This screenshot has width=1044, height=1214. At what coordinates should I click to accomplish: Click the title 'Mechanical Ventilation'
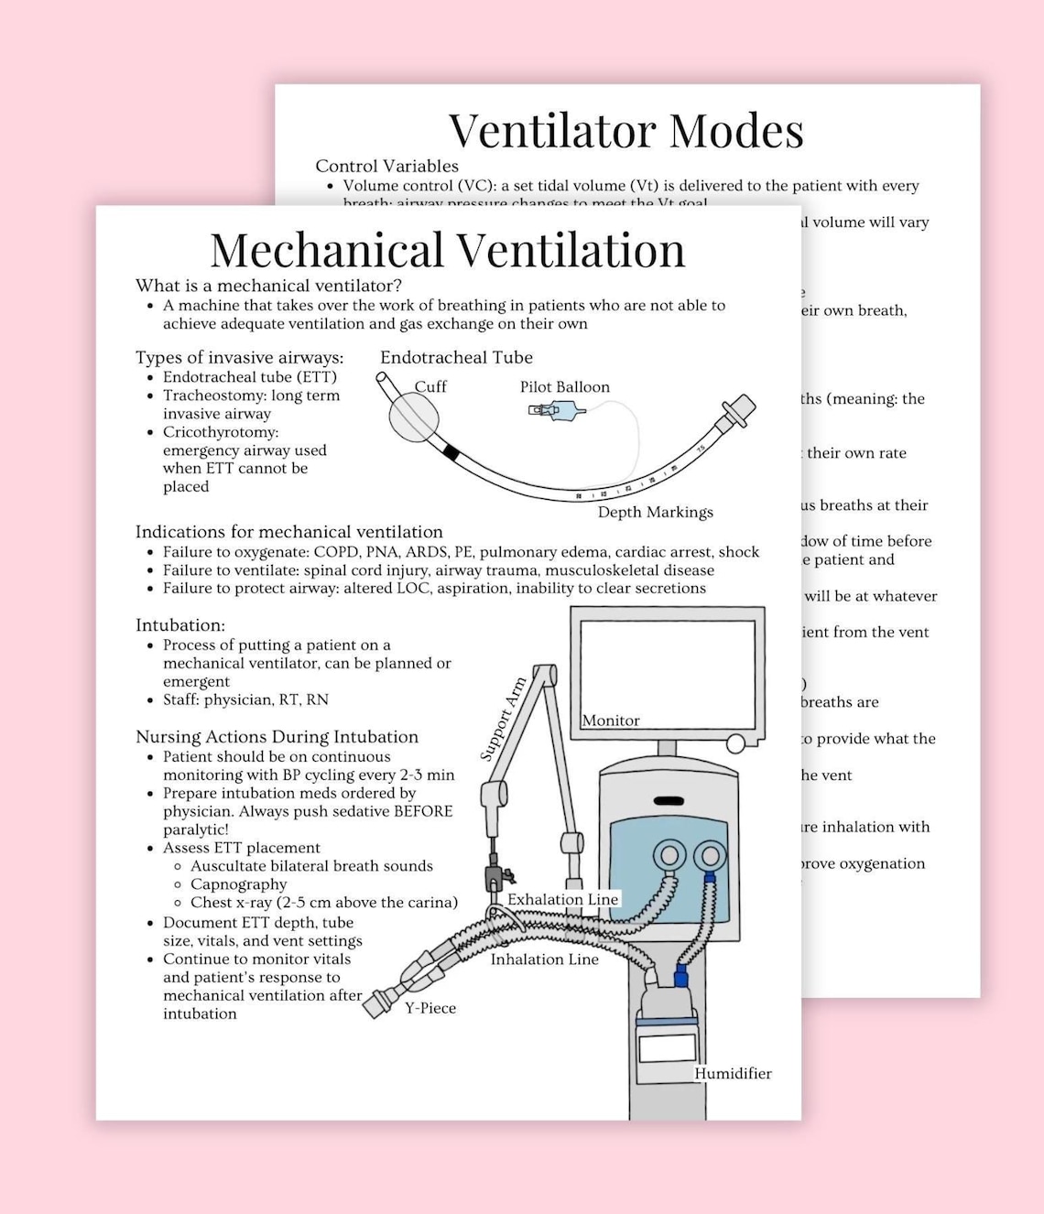pyautogui.click(x=448, y=250)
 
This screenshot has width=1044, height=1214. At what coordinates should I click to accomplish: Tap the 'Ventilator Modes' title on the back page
pyautogui.click(x=626, y=130)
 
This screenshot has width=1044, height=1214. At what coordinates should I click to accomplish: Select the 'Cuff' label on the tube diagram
pyautogui.click(x=430, y=386)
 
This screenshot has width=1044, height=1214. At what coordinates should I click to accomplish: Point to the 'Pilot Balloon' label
pyautogui.click(x=564, y=387)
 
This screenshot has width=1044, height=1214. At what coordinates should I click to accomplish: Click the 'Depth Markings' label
pyautogui.click(x=655, y=512)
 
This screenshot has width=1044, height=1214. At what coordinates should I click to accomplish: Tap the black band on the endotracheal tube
pyautogui.click(x=450, y=451)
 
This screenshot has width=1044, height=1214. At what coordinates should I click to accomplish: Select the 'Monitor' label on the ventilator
pyautogui.click(x=611, y=721)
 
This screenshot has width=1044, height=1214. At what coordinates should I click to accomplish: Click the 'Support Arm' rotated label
pyautogui.click(x=504, y=719)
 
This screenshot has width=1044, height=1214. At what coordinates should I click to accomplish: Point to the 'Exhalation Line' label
pyautogui.click(x=562, y=899)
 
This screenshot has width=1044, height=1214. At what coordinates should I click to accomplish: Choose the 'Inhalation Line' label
pyautogui.click(x=544, y=959)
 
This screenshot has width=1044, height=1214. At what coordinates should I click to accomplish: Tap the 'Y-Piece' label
pyautogui.click(x=430, y=1008)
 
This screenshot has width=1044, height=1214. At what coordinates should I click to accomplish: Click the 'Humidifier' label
pyautogui.click(x=733, y=1073)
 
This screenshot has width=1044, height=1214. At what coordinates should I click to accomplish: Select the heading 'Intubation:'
pyautogui.click(x=180, y=625)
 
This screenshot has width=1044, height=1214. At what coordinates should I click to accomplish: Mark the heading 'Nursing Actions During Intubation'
pyautogui.click(x=277, y=737)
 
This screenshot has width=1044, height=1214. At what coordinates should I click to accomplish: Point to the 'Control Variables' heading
pyautogui.click(x=386, y=166)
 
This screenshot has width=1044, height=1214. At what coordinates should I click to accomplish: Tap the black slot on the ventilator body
pyautogui.click(x=669, y=801)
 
